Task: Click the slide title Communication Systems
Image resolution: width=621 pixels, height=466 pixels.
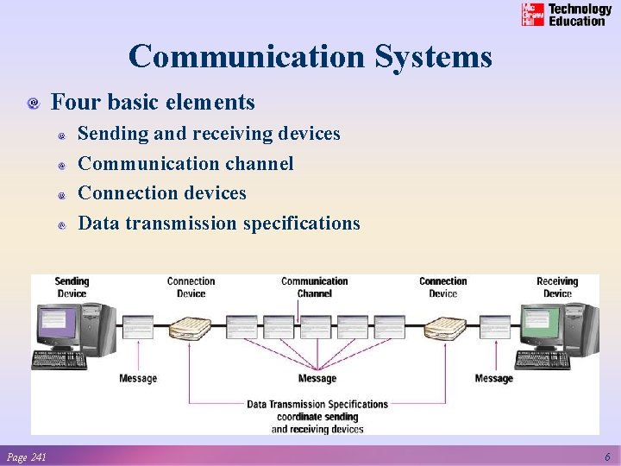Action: [x=310, y=57]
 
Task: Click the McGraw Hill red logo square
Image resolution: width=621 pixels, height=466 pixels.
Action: [x=533, y=15]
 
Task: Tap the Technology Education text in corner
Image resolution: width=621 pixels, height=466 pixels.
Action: [x=580, y=15]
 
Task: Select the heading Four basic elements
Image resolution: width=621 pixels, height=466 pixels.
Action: [x=153, y=103]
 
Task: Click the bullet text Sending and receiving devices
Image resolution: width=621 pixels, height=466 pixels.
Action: [x=209, y=134]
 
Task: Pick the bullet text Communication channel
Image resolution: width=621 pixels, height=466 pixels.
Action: [x=185, y=163]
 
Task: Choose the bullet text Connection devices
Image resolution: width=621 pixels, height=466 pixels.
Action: [x=162, y=193]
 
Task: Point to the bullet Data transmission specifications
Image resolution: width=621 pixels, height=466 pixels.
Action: [x=219, y=224]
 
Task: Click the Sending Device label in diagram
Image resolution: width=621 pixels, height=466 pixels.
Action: [x=72, y=287]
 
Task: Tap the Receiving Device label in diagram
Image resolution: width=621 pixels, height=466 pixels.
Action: [x=557, y=287]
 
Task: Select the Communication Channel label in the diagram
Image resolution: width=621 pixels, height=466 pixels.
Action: [x=315, y=287]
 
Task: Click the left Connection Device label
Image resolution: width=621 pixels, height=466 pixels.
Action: [x=191, y=287]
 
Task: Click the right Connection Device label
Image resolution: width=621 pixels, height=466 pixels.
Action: [x=442, y=287]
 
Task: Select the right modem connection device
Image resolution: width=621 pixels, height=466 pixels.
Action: [x=445, y=329]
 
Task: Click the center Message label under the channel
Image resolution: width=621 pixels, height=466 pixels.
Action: [x=317, y=379]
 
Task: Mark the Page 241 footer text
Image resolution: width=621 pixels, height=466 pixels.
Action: [x=26, y=457]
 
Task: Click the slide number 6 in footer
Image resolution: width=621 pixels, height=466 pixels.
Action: [x=607, y=457]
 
